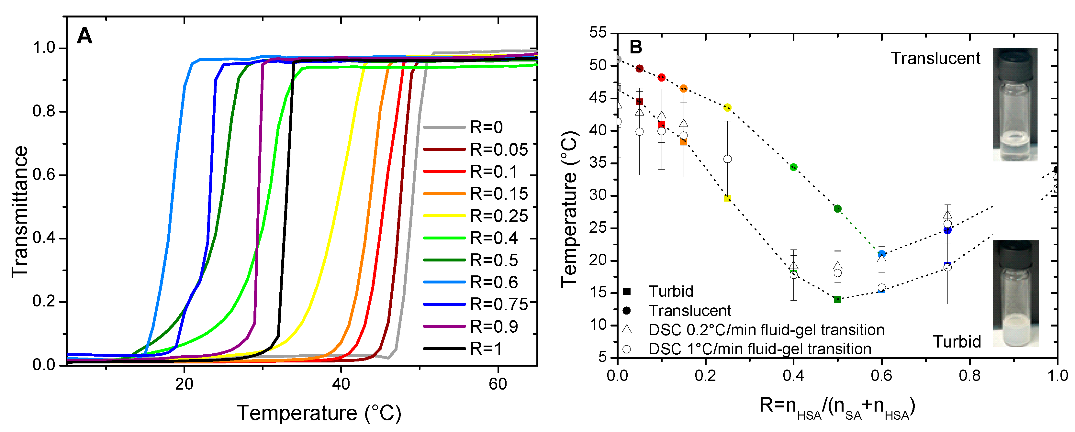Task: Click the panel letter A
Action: [85, 36]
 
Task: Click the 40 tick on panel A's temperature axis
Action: [341, 384]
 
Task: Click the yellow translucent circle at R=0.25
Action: [727, 107]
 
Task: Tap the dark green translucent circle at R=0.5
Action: [837, 208]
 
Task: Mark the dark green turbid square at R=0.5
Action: [837, 299]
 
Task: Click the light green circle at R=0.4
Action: [794, 167]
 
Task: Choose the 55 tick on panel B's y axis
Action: [598, 33]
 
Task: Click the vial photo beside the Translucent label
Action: [1015, 104]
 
